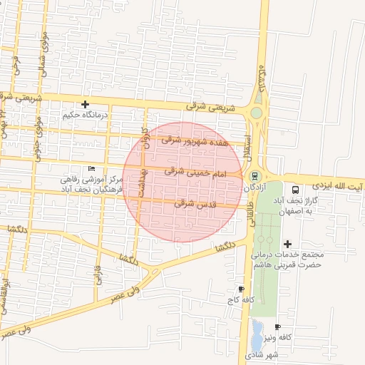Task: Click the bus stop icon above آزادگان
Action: click(x=255, y=176)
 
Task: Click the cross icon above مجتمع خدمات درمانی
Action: click(x=287, y=244)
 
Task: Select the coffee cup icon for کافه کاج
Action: click(x=241, y=289)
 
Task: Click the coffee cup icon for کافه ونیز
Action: click(x=277, y=327)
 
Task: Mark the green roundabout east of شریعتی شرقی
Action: click(x=256, y=113)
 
